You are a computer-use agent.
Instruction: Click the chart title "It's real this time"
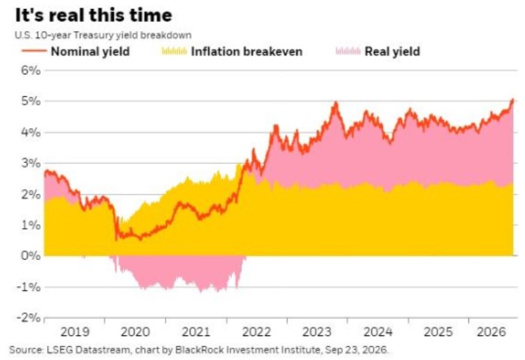click(93, 15)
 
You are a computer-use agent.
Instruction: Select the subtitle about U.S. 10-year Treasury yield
click(103, 35)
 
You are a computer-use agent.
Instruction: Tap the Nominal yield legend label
click(90, 52)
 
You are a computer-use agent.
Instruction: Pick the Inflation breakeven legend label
click(247, 52)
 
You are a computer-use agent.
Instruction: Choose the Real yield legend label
click(392, 52)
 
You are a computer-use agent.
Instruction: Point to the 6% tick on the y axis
click(31, 70)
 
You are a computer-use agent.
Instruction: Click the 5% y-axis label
click(31, 101)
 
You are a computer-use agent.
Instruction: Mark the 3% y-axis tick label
click(31, 163)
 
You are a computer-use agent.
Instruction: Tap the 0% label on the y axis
click(31, 256)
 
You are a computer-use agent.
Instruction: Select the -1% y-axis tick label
click(28, 287)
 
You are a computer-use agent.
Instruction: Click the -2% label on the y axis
click(28, 317)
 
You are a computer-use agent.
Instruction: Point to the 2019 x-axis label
click(75, 332)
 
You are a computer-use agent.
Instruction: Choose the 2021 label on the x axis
click(196, 332)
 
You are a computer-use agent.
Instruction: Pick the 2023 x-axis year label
click(317, 332)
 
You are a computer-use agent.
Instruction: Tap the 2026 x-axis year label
click(491, 332)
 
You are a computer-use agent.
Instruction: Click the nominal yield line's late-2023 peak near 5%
click(335, 103)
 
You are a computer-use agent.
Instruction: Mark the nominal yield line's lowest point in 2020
click(116, 240)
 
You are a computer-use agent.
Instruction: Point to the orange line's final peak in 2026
click(513, 99)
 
